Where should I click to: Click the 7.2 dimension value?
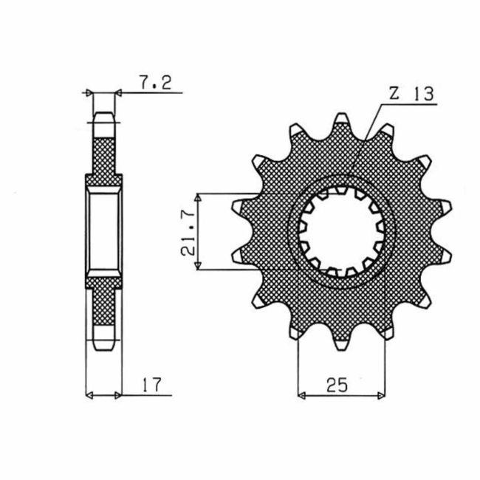click(x=154, y=83)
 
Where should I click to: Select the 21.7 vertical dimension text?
click(x=190, y=233)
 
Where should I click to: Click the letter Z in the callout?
click(x=394, y=94)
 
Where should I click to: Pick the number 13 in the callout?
click(x=423, y=94)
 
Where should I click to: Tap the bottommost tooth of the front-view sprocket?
click(x=341, y=343)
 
